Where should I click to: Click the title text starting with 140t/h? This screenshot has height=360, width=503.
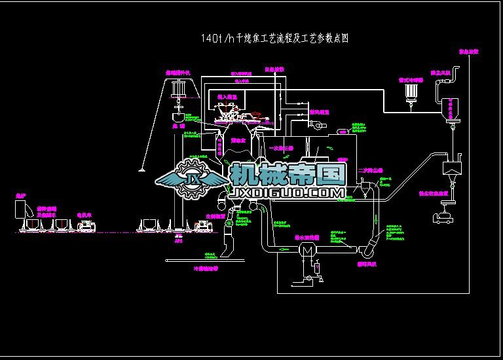(x=274, y=39)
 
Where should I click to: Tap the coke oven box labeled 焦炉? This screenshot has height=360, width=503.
(x=21, y=209)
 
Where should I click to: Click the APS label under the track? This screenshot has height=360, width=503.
(x=177, y=241)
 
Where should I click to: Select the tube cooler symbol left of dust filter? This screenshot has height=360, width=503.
(x=411, y=96)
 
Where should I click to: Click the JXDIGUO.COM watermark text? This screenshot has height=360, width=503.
(x=287, y=193)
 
